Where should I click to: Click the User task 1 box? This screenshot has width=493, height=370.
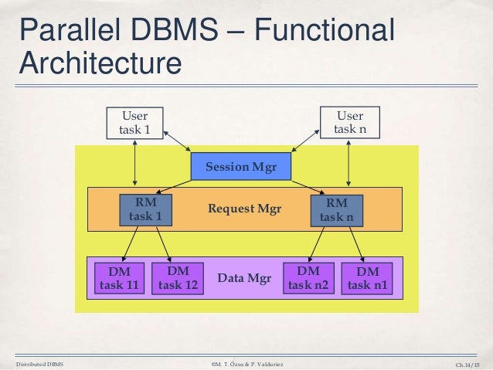[x=135, y=123]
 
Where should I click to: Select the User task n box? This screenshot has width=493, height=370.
[x=350, y=123]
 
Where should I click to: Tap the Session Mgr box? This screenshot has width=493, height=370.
[x=241, y=168]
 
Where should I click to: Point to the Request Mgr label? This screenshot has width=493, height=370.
[x=244, y=209]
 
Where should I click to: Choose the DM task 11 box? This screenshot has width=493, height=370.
[x=119, y=279]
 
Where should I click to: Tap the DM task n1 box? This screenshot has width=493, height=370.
[x=368, y=279]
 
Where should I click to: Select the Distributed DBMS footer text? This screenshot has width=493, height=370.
[x=39, y=362]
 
